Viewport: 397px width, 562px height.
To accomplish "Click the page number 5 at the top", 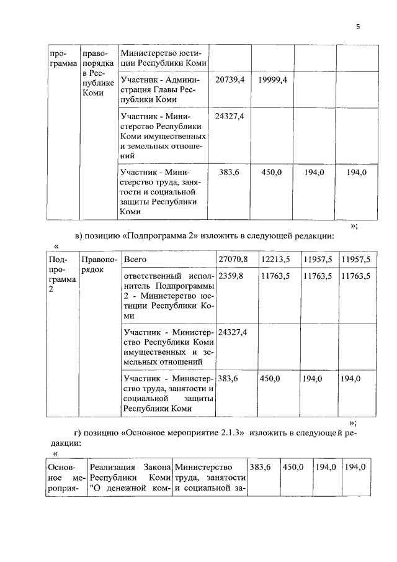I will click(x=358, y=27).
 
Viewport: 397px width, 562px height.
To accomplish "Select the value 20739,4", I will click(x=230, y=80).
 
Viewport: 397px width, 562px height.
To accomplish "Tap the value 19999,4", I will click(x=272, y=80).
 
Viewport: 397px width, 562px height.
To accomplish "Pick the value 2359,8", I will click(x=231, y=275).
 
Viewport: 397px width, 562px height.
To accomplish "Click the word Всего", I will click(x=135, y=259).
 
